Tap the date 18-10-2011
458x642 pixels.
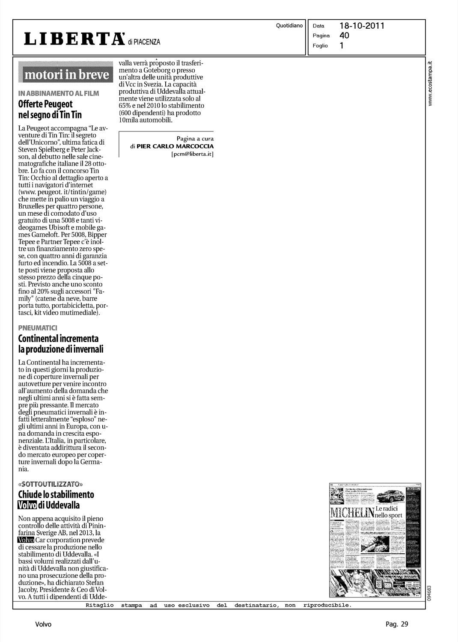tap(362, 26)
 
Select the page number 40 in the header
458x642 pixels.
tap(344, 36)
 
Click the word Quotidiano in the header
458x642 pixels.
tap(290, 26)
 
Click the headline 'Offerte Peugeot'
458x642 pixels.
tap(45, 104)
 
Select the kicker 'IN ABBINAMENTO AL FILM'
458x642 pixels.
tap(59, 93)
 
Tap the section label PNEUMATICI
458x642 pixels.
tap(38, 328)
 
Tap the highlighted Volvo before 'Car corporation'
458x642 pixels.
tap(26, 540)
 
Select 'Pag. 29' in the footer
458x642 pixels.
tap(397, 624)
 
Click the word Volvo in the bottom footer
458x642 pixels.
tap(43, 624)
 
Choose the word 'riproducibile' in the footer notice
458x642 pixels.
tap(327, 605)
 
